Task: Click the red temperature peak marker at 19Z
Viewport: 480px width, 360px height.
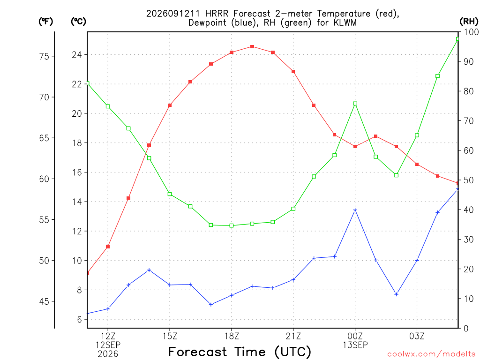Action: click(x=252, y=46)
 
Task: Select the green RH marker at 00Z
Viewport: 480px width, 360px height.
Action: click(x=355, y=104)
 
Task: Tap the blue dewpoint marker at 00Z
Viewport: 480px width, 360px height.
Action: click(x=355, y=210)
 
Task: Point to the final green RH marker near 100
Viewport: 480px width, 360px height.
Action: click(x=458, y=39)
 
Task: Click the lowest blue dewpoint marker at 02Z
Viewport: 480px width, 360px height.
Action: click(x=397, y=294)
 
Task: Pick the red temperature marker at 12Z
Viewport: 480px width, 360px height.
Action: click(x=108, y=247)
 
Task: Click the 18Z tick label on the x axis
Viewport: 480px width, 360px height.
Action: click(x=232, y=336)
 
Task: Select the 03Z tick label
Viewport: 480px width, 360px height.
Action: click(x=417, y=336)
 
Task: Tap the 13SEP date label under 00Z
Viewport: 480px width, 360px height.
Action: click(x=355, y=345)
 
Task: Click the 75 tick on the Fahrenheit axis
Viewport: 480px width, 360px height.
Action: click(x=44, y=56)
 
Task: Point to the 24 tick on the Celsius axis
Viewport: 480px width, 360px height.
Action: click(x=77, y=55)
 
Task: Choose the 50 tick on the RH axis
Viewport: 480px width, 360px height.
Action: click(x=468, y=180)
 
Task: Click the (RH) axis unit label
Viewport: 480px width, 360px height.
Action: click(x=469, y=22)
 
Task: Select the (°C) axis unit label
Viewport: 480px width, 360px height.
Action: click(x=78, y=22)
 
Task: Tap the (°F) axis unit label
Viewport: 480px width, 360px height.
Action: click(x=45, y=22)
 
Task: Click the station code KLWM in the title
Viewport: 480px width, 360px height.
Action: click(x=345, y=22)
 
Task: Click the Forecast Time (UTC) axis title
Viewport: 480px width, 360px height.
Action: click(x=240, y=352)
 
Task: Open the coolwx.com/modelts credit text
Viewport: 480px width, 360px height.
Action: click(x=431, y=354)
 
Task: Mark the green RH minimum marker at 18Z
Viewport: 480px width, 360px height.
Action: click(x=232, y=225)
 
